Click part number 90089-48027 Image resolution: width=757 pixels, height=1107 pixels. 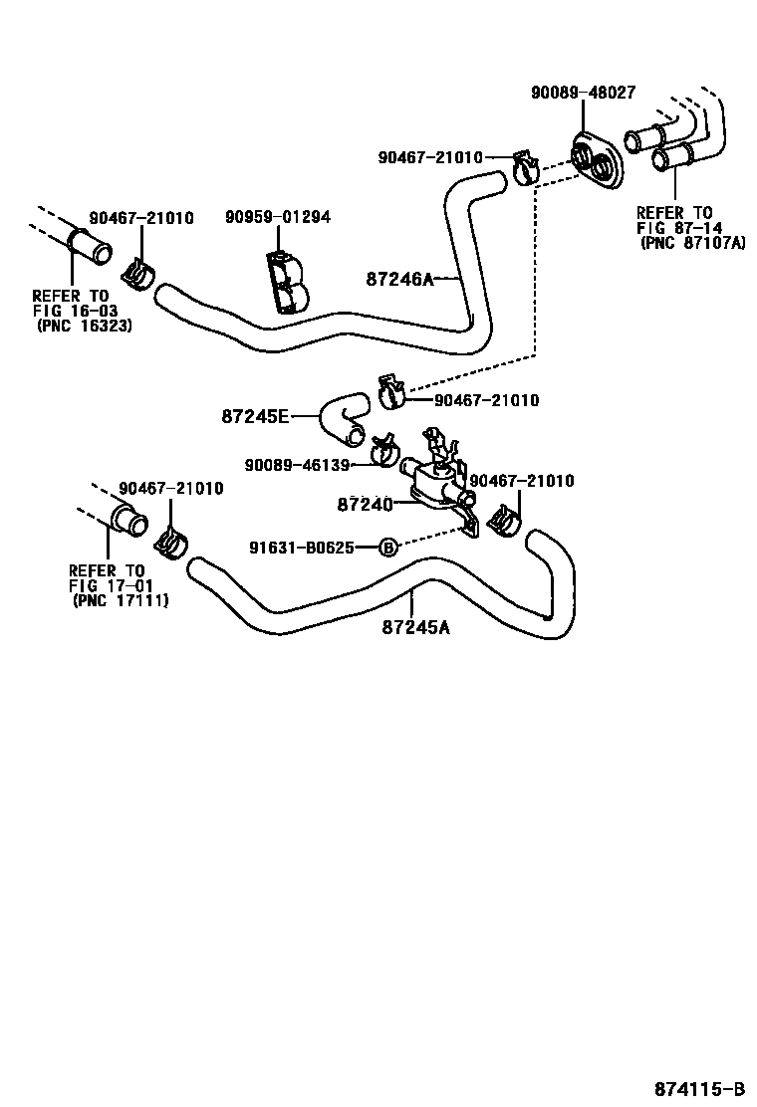click(583, 92)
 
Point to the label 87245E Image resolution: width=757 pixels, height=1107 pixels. click(254, 416)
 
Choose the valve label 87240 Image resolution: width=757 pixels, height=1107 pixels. click(365, 504)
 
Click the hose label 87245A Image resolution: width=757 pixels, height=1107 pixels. click(414, 627)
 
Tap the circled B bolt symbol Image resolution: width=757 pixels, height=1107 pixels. click(388, 547)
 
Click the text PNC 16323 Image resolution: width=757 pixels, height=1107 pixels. click(85, 325)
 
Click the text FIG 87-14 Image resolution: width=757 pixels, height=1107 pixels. click(675, 227)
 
